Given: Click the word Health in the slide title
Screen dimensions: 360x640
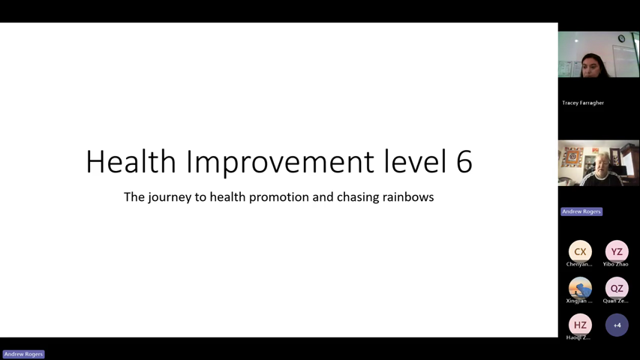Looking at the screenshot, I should pos(131,162).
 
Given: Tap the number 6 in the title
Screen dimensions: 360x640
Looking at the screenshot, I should pos(464,162).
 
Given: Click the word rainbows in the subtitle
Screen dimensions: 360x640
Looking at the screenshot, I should pos(408,197).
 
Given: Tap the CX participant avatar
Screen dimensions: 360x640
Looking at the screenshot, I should pos(580,251).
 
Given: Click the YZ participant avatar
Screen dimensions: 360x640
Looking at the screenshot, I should pos(617,251).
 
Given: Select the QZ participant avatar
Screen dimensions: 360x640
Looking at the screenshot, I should pos(617,288).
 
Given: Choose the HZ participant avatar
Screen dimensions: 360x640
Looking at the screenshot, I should pos(580,325).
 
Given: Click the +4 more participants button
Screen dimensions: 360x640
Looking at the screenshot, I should pos(617,325).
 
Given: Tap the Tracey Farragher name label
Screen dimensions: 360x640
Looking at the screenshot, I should pos(583,103).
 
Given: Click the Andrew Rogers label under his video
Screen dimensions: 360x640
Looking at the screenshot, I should pos(581,211).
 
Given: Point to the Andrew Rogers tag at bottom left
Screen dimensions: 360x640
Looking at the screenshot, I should pos(23,354).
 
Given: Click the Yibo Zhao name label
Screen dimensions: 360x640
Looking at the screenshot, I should pos(616,264).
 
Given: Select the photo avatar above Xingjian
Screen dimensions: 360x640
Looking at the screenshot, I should pos(580,288).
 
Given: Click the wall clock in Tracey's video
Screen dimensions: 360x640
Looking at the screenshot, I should pos(621,39).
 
